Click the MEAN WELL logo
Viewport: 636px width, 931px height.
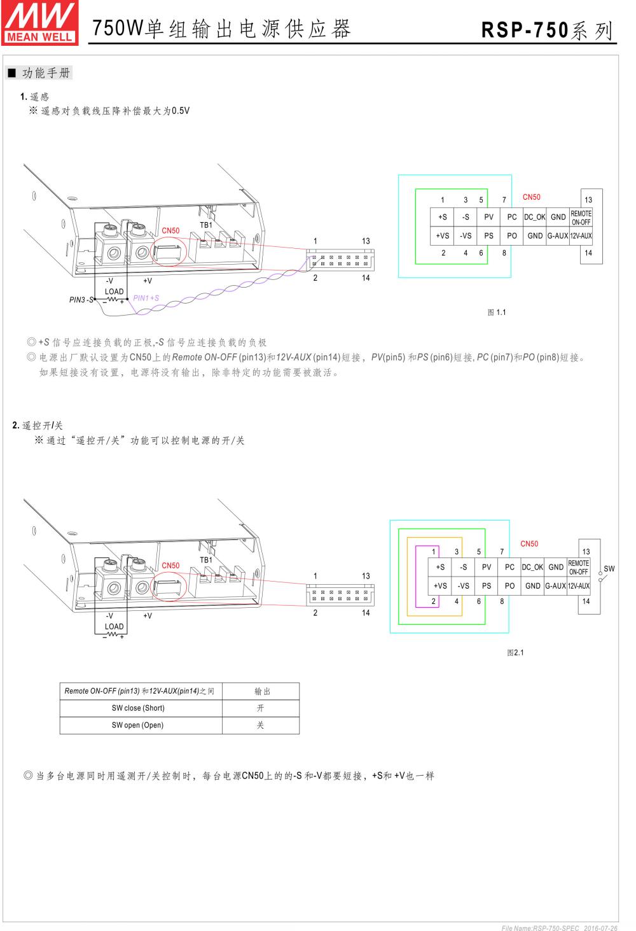[x=39, y=21]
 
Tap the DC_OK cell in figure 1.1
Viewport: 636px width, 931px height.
[x=535, y=217]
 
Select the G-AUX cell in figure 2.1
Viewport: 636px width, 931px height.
[x=556, y=586]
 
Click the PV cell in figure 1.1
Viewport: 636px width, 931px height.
[x=488, y=217]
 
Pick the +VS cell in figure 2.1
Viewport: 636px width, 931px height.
[x=440, y=586]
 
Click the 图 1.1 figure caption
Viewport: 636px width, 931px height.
[x=497, y=312]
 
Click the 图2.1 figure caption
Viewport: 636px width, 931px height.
[x=515, y=653]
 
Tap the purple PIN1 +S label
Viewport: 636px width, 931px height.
[x=146, y=298]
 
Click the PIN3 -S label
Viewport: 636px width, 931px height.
[x=81, y=300]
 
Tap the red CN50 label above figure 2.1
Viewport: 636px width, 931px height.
[x=529, y=544]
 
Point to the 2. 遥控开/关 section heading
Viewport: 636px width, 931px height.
[x=38, y=426]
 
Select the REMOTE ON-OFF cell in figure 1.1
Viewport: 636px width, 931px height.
[x=581, y=218]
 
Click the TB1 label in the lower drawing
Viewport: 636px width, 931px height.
[x=206, y=560]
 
